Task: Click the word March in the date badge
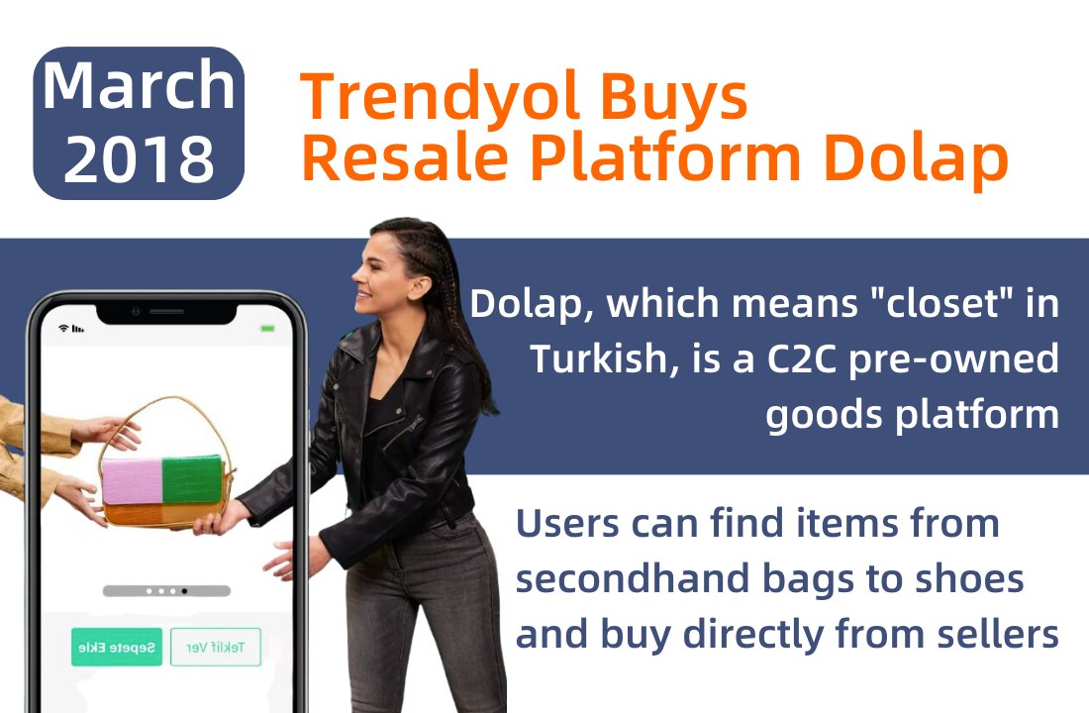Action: (x=139, y=85)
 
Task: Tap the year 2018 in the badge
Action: (x=139, y=159)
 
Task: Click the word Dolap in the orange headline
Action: (x=916, y=158)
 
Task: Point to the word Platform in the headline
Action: (x=666, y=158)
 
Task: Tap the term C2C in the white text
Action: (x=802, y=359)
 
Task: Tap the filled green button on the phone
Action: (x=117, y=647)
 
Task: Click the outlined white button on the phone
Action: (x=216, y=647)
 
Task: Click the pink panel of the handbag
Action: (x=132, y=481)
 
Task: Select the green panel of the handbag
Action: (x=192, y=478)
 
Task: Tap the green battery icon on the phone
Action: (x=268, y=328)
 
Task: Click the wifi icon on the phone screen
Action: (x=64, y=328)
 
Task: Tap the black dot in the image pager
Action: (x=184, y=591)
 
